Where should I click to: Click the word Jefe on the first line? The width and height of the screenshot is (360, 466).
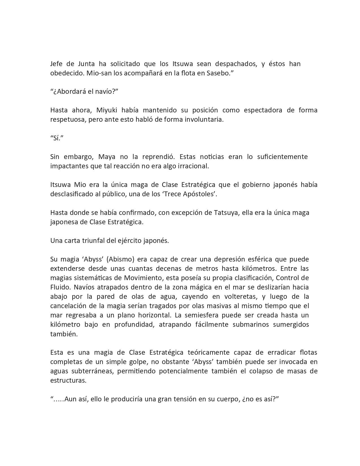56,64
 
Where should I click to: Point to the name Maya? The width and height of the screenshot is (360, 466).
106,157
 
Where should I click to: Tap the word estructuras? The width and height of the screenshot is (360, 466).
68,380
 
